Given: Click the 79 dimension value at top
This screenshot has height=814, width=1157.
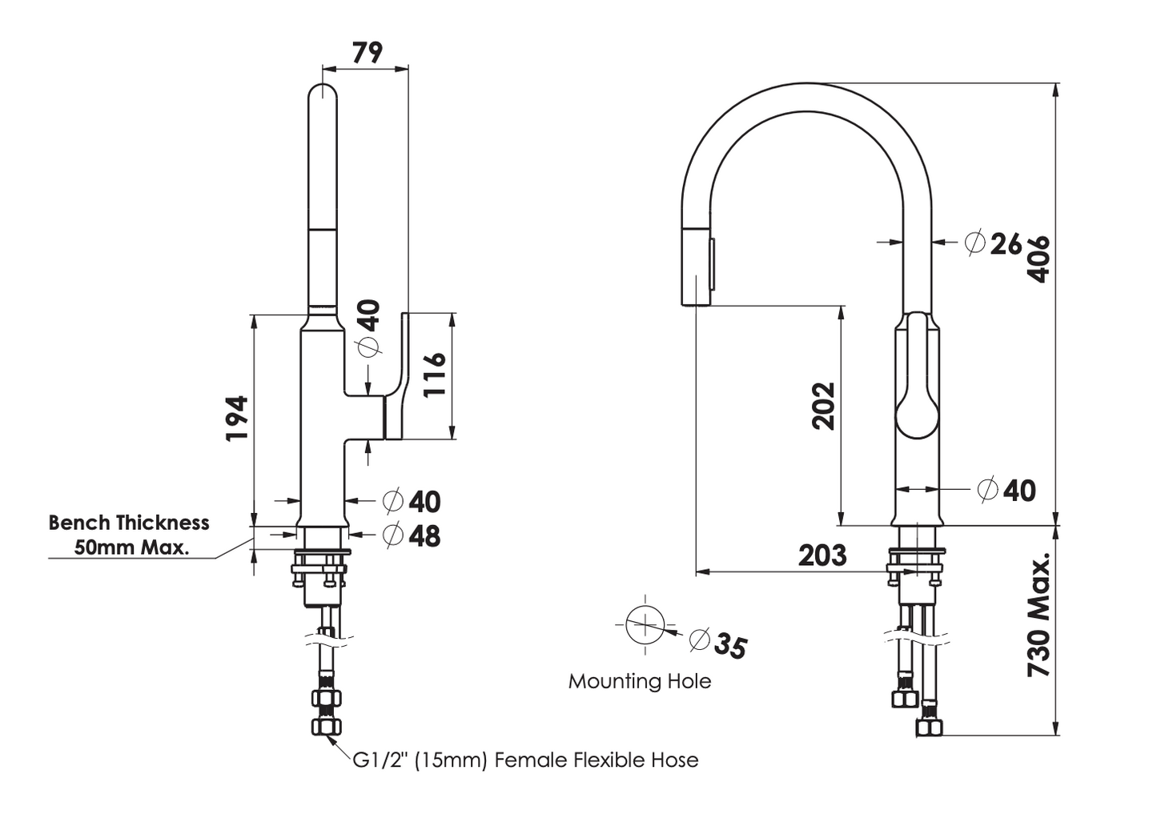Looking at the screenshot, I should click(x=368, y=53).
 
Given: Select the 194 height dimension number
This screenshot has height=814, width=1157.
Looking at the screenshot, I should click(x=237, y=418).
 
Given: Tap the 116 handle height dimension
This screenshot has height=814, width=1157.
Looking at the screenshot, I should click(x=434, y=375).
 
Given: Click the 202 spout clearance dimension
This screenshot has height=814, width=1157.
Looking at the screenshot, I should click(x=824, y=407).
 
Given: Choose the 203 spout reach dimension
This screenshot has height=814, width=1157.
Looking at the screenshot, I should click(x=822, y=555).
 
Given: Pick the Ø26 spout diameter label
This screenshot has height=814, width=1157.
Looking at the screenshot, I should click(x=994, y=243).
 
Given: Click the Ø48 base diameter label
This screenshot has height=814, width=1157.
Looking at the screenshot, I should click(x=412, y=535).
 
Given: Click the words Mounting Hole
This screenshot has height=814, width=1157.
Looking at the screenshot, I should click(x=639, y=681).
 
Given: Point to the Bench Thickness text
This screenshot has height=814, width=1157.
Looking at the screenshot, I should click(x=128, y=523).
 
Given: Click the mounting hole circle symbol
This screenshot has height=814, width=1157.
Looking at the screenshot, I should click(x=645, y=625).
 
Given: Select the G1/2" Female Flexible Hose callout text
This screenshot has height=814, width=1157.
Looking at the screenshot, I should click(x=525, y=760).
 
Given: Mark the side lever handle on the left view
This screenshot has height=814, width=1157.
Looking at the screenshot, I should click(x=399, y=376).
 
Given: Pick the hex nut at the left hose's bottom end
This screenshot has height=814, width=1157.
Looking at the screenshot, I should click(x=325, y=727).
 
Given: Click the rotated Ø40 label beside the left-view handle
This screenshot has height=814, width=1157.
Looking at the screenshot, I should click(x=368, y=328).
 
